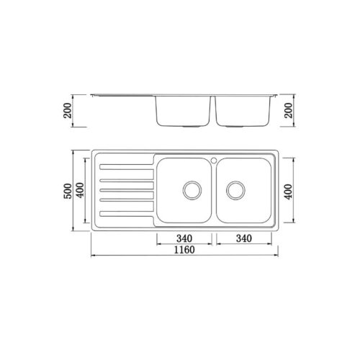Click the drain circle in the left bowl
pyautogui.click(x=192, y=190)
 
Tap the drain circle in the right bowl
pyautogui.click(x=234, y=190)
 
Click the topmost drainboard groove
pyautogui.click(x=126, y=168)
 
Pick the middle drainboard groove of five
pyautogui.click(x=126, y=190)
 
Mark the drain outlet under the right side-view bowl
pyautogui.click(x=234, y=127)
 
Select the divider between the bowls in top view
pyautogui.click(x=214, y=191)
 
